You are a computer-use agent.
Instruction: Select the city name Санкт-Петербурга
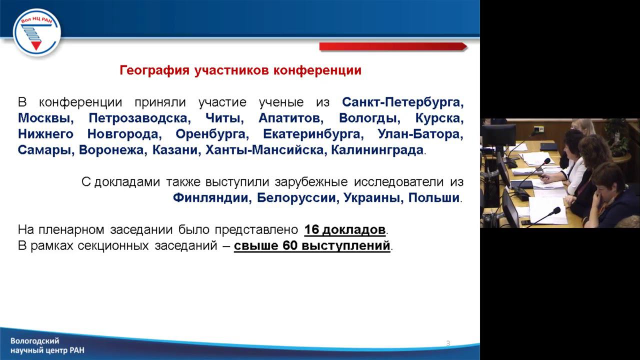coord(403,102)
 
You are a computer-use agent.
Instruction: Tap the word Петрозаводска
coord(139,118)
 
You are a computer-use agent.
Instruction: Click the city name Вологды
coord(369,118)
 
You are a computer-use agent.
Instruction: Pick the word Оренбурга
coord(211,134)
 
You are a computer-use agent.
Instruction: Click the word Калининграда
coord(377,150)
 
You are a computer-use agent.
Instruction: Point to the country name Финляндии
coord(211,197)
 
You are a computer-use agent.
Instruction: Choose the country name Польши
coord(433,197)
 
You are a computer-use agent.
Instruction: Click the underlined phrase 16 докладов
coord(345,230)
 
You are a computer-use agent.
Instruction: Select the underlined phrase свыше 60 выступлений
coord(312,246)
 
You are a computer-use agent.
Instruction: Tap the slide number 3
coord(448,343)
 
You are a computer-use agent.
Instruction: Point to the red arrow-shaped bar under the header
coord(393,46)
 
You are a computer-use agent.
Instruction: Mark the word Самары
coord(45,150)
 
